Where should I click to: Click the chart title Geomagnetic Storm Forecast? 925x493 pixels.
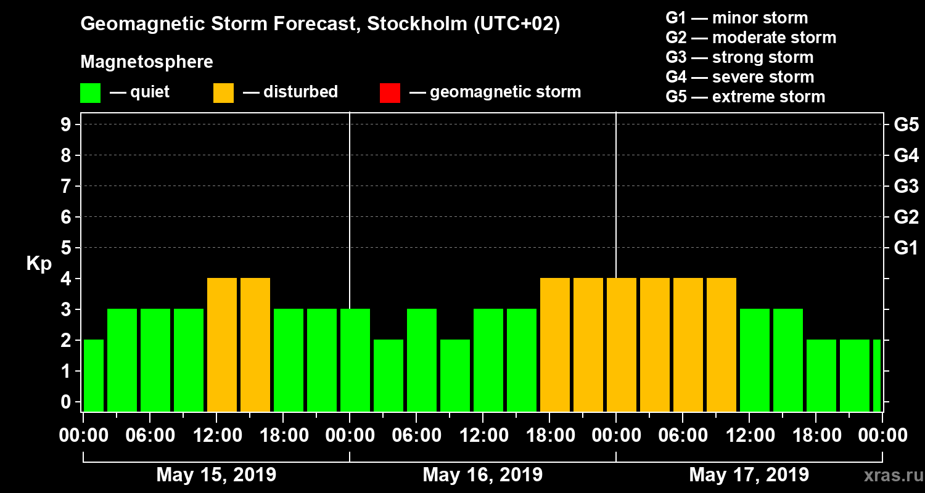320,24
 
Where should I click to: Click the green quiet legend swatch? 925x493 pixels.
90,92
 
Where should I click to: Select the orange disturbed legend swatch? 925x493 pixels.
223,92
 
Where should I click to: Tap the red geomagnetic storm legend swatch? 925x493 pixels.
390,92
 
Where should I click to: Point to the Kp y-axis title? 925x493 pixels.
39,264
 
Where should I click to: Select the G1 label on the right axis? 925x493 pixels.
906,248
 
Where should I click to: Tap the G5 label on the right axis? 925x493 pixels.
906,125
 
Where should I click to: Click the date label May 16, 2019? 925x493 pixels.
482,475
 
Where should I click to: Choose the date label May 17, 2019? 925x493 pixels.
749,475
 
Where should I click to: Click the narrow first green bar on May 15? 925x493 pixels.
94,375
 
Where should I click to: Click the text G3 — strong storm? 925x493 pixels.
739,57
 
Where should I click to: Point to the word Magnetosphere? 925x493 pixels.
147,62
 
